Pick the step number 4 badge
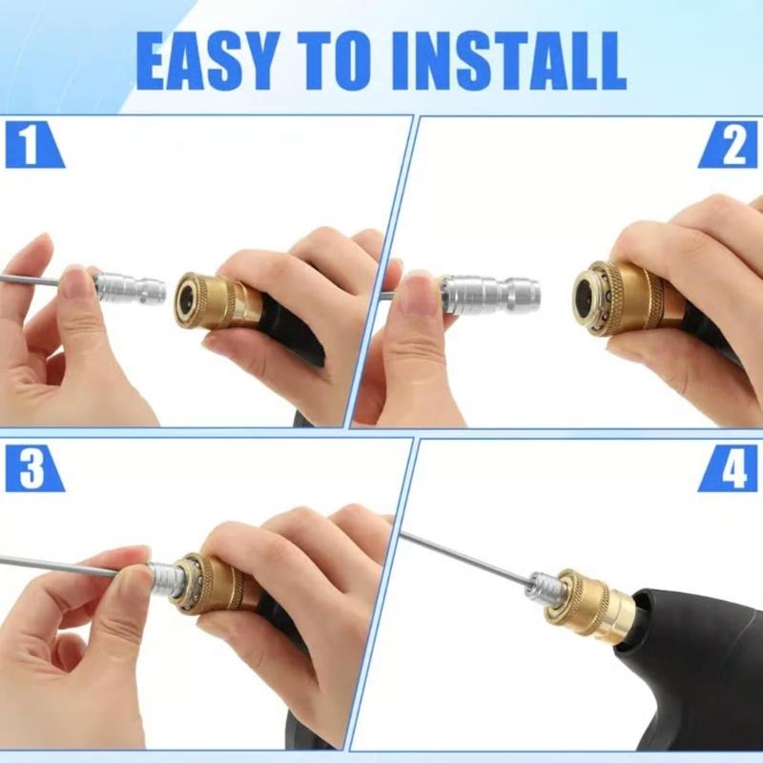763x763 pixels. pyautogui.click(x=731, y=468)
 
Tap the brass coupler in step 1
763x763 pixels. pyautogui.click(x=215, y=301)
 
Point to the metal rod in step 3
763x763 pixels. pyautogui.click(x=67, y=567)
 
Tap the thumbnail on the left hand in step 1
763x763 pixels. pyautogui.click(x=76, y=284)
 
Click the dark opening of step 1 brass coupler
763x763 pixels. pyautogui.click(x=187, y=301)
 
